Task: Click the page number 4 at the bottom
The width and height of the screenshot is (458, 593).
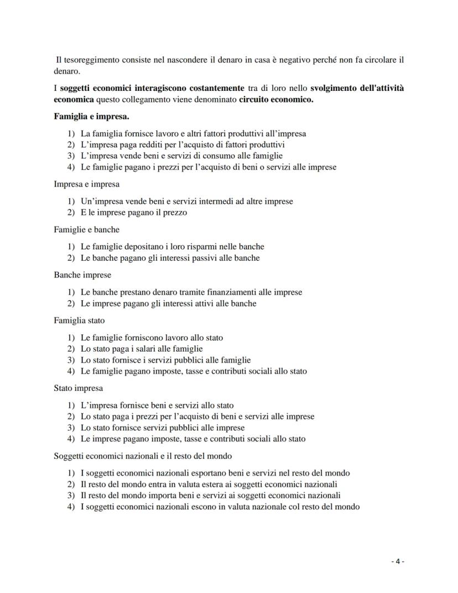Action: click(x=398, y=561)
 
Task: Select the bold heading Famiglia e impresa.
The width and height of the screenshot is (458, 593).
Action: click(x=91, y=117)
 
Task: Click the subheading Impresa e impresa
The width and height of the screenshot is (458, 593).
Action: click(x=87, y=184)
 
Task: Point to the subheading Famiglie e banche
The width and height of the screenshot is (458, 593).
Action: click(x=87, y=229)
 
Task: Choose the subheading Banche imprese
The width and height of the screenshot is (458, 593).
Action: click(x=82, y=275)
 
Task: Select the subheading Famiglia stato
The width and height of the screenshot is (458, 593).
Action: click(x=79, y=320)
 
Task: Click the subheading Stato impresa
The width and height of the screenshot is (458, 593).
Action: click(x=78, y=388)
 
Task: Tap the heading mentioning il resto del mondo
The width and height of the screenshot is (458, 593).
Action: click(x=143, y=456)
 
